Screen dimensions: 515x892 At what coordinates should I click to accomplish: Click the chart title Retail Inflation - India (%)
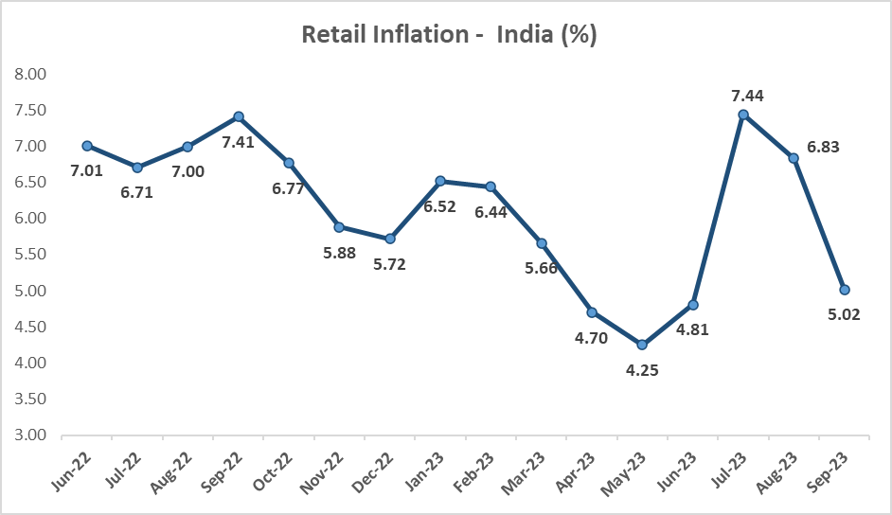click(x=449, y=34)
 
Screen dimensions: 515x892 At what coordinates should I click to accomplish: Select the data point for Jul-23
click(x=743, y=115)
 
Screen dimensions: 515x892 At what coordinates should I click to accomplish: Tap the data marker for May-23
click(x=642, y=345)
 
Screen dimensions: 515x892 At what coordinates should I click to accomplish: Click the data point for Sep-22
click(x=239, y=116)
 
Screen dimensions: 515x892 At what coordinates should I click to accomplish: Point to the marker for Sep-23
click(x=845, y=290)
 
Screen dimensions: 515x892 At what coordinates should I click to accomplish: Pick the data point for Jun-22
click(x=87, y=146)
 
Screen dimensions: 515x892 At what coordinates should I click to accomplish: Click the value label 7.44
click(x=747, y=95)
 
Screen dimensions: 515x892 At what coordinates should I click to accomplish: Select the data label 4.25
click(x=643, y=370)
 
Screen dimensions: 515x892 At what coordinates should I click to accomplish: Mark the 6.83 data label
click(x=823, y=147)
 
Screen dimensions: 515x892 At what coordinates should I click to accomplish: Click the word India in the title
click(x=518, y=34)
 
